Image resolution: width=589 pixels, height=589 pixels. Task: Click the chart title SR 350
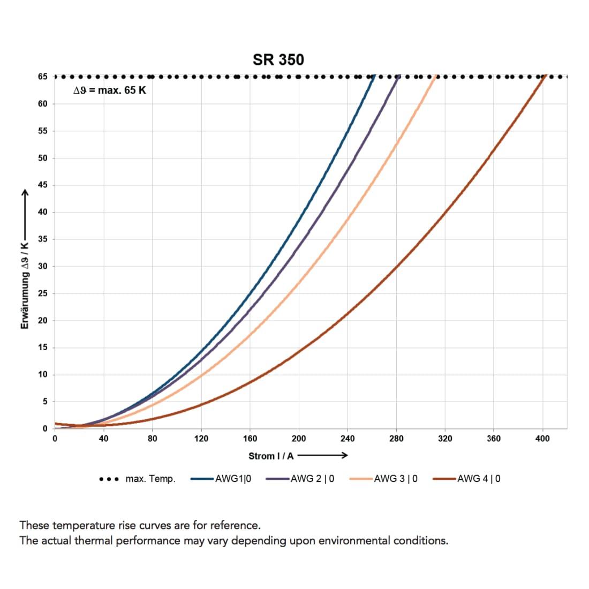278,59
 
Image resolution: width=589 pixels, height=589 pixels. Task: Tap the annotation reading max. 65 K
109,90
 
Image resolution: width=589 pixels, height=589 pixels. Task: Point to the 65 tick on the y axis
42,77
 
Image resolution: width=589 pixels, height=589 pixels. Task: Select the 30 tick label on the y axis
42,266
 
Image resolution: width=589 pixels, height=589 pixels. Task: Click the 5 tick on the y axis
44,402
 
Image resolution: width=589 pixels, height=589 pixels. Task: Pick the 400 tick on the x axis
542,439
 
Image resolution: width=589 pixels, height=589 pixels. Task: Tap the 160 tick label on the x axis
250,439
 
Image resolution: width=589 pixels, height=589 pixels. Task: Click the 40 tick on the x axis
103,439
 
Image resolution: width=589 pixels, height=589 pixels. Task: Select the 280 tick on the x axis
396,439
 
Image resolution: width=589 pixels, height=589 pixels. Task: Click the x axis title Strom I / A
271,456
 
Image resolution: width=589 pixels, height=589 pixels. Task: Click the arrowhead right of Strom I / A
345,456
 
